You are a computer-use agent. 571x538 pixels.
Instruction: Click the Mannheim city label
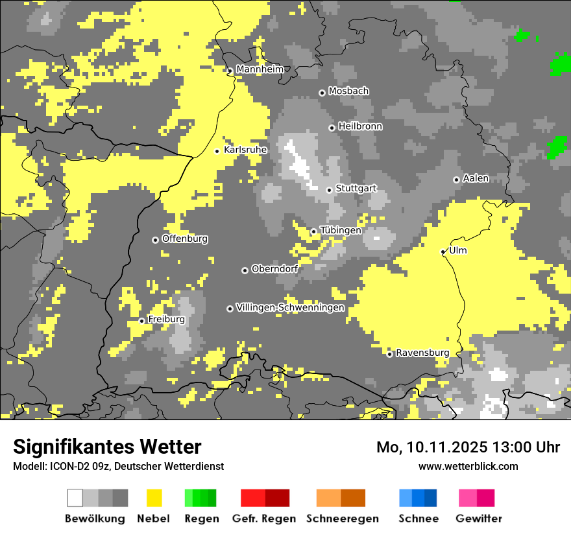point(260,69)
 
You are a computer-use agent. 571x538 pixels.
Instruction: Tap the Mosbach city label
point(348,91)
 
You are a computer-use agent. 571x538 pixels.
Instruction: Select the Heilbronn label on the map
point(360,126)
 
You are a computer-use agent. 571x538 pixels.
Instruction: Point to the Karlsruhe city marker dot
point(217,151)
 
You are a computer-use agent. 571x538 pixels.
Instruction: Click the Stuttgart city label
point(356,189)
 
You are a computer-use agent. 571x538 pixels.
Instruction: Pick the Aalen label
point(476,178)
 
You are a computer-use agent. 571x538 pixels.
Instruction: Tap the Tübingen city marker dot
point(313,231)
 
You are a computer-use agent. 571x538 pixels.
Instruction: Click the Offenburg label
point(185,239)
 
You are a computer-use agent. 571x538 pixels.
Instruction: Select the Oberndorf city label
point(274,269)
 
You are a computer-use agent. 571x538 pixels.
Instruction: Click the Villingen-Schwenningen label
point(290,307)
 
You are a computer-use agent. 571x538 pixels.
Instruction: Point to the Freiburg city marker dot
point(141,321)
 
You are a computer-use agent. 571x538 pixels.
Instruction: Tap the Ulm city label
point(458,250)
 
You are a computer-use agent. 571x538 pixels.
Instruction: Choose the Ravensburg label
point(422,353)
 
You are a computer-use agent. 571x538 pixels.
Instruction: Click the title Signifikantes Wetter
point(107,447)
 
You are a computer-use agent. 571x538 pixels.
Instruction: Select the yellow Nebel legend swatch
point(154,498)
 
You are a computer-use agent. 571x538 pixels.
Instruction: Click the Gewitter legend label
point(479,519)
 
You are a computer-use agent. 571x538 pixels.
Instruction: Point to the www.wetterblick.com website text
point(468,466)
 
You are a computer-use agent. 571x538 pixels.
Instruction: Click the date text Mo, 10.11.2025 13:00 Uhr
point(468,447)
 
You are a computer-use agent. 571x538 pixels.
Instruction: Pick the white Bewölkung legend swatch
point(75,498)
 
